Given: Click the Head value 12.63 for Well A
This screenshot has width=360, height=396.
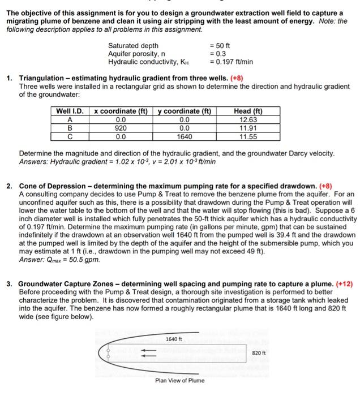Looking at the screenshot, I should [x=248, y=119].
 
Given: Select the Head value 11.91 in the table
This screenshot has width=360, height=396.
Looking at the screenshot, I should [x=248, y=128].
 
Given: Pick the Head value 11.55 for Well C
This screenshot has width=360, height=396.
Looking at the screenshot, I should [x=248, y=136].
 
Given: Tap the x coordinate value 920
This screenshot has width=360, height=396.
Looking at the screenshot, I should [x=121, y=128].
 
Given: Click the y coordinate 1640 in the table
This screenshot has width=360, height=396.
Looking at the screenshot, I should [x=185, y=136].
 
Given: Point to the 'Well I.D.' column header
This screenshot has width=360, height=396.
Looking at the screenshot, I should [x=70, y=111].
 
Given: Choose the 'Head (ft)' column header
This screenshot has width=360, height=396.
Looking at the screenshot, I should [x=248, y=111].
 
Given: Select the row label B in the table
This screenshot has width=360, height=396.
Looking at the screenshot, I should [x=70, y=128].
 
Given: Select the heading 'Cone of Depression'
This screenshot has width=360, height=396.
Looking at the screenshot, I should [x=53, y=185].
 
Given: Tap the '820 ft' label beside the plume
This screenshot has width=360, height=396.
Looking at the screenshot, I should [x=259, y=352].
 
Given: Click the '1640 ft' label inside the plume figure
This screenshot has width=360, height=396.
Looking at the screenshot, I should [x=174, y=339].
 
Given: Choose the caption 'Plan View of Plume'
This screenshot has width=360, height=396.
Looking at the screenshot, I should [x=179, y=380].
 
